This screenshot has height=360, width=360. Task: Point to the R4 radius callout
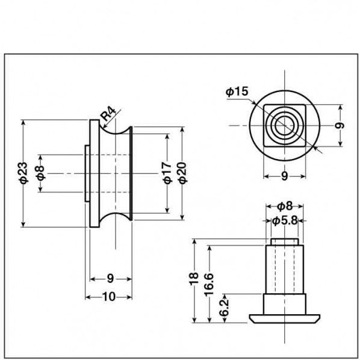click(x=108, y=114)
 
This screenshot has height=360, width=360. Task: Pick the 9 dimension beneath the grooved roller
click(x=110, y=278)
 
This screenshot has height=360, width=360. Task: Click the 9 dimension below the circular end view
click(x=284, y=176)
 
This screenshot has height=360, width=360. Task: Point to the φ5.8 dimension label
click(x=285, y=220)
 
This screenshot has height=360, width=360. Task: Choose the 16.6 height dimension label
click(x=208, y=281)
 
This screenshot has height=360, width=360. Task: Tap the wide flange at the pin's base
click(x=284, y=317)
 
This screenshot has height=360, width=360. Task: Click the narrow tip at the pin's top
click(x=284, y=242)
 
